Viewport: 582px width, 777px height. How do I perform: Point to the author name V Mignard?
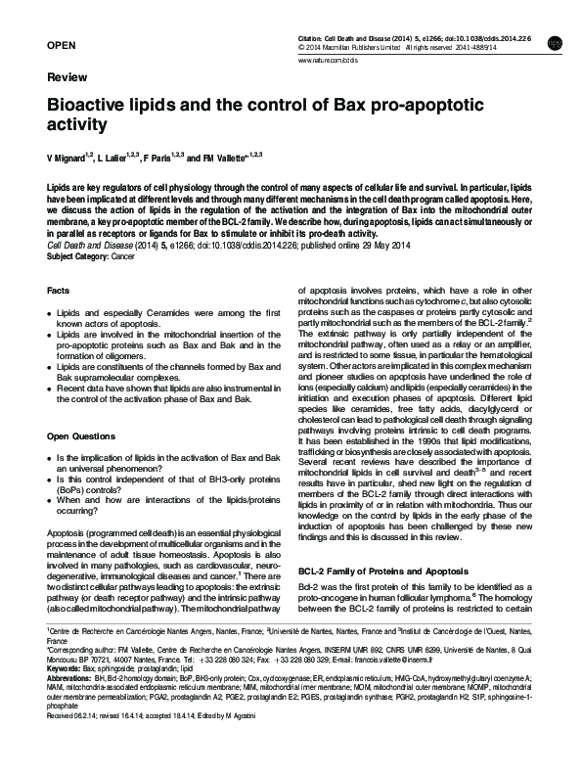point(71,158)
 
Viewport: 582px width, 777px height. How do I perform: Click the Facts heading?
point(58,291)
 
